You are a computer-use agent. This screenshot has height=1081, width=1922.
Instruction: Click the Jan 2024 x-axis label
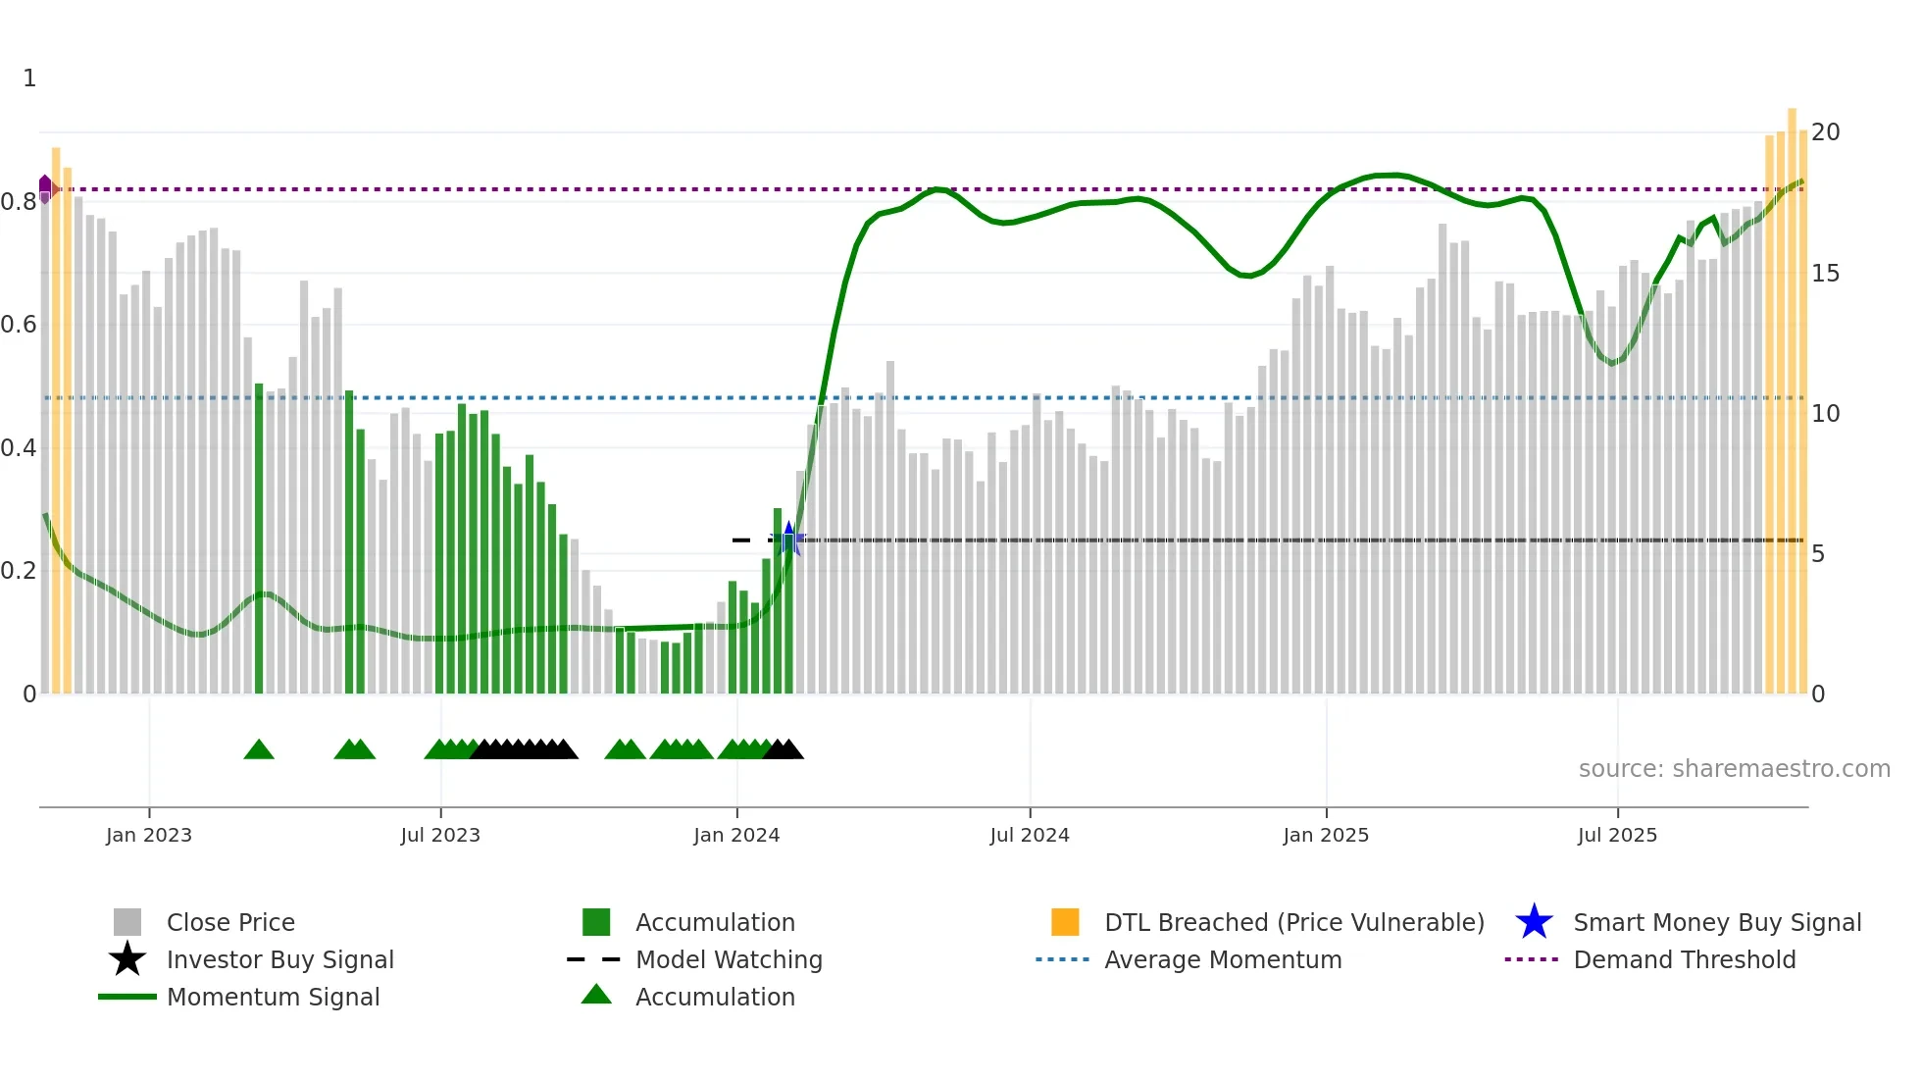pyautogui.click(x=736, y=835)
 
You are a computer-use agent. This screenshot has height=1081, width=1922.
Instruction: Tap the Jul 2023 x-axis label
pyautogui.click(x=440, y=835)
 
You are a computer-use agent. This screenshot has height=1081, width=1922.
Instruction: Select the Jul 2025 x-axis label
pyautogui.click(x=1617, y=835)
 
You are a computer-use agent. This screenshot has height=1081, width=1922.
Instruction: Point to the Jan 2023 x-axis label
pyautogui.click(x=149, y=835)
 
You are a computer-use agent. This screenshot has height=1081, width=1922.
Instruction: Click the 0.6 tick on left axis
pyautogui.click(x=19, y=325)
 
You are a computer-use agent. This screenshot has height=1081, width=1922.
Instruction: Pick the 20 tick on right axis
pyautogui.click(x=1825, y=132)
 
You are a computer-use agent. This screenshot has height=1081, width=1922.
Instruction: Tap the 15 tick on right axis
pyautogui.click(x=1825, y=274)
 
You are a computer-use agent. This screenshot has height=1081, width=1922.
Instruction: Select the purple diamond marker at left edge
pyautogui.click(x=45, y=186)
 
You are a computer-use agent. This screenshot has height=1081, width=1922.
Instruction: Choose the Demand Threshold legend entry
pyautogui.click(x=1684, y=959)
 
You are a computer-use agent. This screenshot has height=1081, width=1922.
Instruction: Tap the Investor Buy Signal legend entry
pyautogui.click(x=279, y=959)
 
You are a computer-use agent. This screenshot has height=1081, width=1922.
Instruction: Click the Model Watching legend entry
pyautogui.click(x=728, y=959)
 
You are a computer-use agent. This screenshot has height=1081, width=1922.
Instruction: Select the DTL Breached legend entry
pyautogui.click(x=1293, y=922)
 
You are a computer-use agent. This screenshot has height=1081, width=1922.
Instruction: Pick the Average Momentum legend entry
pyautogui.click(x=1222, y=959)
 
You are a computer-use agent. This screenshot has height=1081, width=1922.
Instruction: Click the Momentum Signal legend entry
pyautogui.click(x=273, y=997)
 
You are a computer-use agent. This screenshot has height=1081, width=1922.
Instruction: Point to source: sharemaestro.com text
pyautogui.click(x=1734, y=769)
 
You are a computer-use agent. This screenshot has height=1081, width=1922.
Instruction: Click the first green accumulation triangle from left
pyautogui.click(x=259, y=750)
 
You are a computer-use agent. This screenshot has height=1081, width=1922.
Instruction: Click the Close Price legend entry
pyautogui.click(x=229, y=922)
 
